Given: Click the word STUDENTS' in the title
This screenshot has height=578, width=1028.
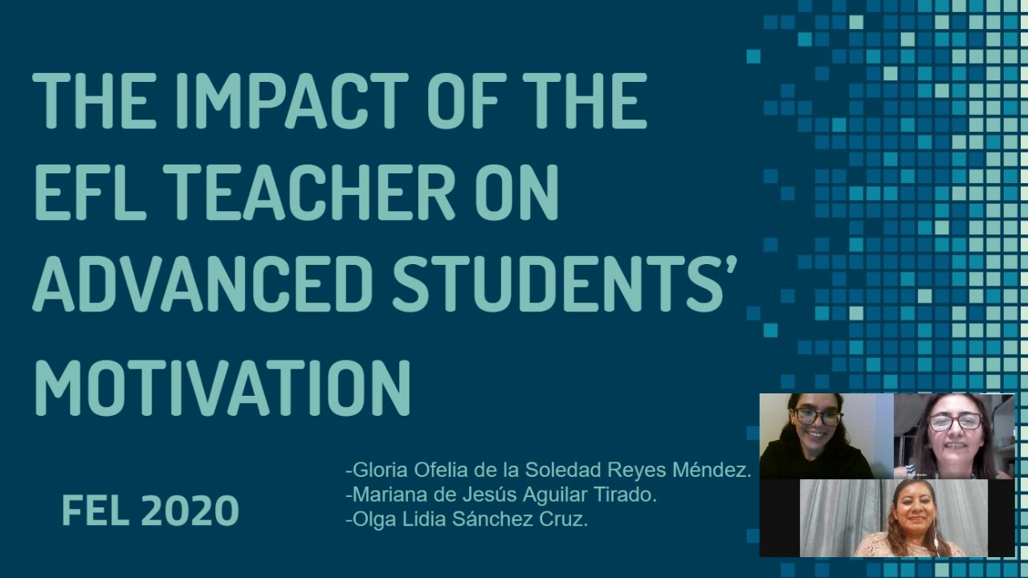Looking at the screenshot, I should click(x=563, y=286).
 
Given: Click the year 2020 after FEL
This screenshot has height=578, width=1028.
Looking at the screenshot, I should click(x=190, y=511).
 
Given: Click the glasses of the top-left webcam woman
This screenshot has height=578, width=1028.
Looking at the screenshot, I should click(x=817, y=417).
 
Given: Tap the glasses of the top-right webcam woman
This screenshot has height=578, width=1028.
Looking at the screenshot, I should click(x=955, y=421).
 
